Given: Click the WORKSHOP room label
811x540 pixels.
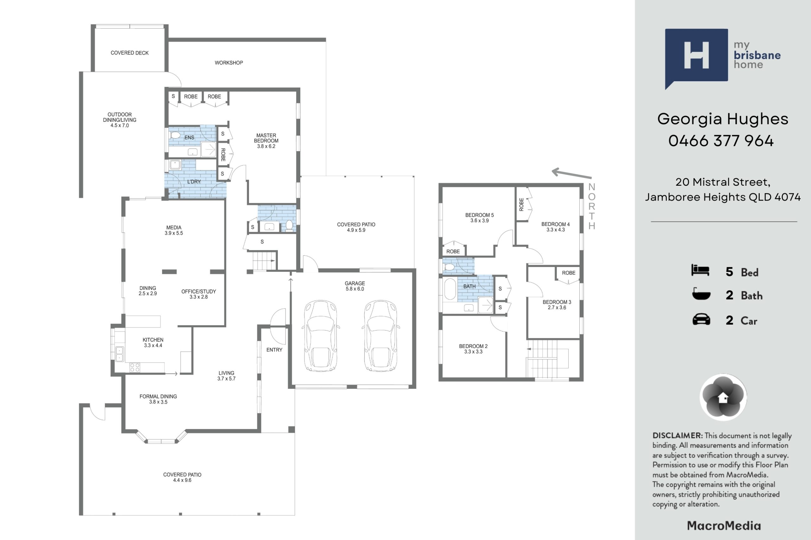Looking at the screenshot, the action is point(229,63).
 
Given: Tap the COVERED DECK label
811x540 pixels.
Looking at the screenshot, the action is point(130,53).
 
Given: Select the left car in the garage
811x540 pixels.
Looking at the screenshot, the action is point(320,336).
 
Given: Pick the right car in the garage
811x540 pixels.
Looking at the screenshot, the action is point(381,336).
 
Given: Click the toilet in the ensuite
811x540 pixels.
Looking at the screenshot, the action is point(176,135).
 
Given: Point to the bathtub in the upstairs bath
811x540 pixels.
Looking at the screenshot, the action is point(450,289).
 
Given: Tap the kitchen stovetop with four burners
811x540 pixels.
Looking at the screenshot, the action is point(135,368).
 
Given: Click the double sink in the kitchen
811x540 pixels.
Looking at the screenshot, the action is point(119,354).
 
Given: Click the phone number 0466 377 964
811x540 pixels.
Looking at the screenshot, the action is point(721,141).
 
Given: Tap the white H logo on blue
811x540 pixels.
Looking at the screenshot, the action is point(697,55).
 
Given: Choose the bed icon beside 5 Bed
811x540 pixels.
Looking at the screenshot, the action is point(700,270).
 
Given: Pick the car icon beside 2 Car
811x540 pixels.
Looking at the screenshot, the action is point(701,319).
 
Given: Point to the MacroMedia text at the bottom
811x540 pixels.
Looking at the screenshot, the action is point(724,526).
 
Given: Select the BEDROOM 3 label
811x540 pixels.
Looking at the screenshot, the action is point(557,302).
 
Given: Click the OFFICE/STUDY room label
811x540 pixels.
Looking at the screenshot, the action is point(199,291).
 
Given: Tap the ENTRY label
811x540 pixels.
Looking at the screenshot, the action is point(274,350).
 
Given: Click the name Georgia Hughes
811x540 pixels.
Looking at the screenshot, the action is point(723,119).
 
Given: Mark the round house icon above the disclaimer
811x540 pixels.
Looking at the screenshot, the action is point(723,397).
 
